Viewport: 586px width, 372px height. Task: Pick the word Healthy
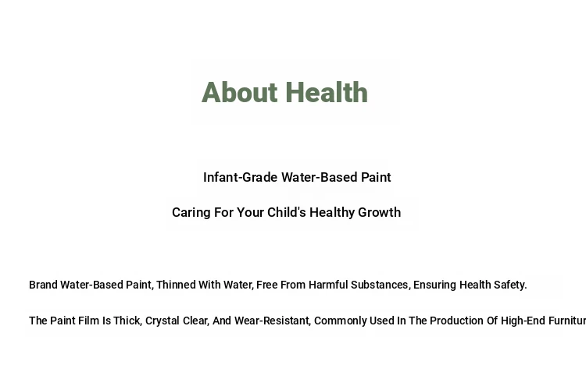[332, 213]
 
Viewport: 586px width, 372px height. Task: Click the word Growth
[379, 212]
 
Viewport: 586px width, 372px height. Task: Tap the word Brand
[43, 285]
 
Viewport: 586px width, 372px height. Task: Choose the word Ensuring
[434, 285]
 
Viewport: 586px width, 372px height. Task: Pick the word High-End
[523, 321]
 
